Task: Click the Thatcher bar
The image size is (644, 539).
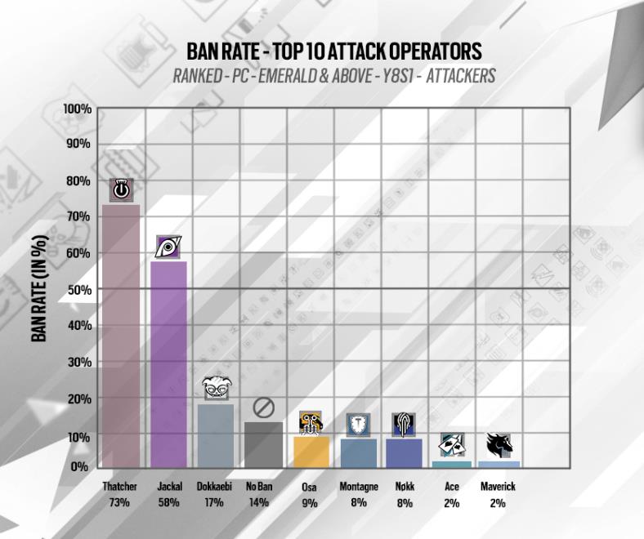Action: coord(120,335)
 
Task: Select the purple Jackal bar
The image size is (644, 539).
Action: coord(168,363)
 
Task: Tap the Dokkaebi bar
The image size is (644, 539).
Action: coord(216,435)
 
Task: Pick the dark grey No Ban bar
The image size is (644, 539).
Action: coord(263,444)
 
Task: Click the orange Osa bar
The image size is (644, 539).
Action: coord(311,452)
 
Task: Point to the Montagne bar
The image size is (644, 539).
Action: coord(359,453)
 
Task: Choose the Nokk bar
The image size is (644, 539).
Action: coord(404,453)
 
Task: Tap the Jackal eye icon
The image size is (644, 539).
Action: coord(168,247)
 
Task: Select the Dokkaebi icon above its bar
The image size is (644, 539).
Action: coord(216,388)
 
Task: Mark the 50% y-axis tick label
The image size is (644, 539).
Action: coord(79,290)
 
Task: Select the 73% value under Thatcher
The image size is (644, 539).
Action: coord(119,503)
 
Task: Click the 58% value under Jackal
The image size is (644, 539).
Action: coord(168,503)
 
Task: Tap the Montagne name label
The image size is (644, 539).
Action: coord(359,487)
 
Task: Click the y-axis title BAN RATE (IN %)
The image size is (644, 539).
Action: coord(39,288)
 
